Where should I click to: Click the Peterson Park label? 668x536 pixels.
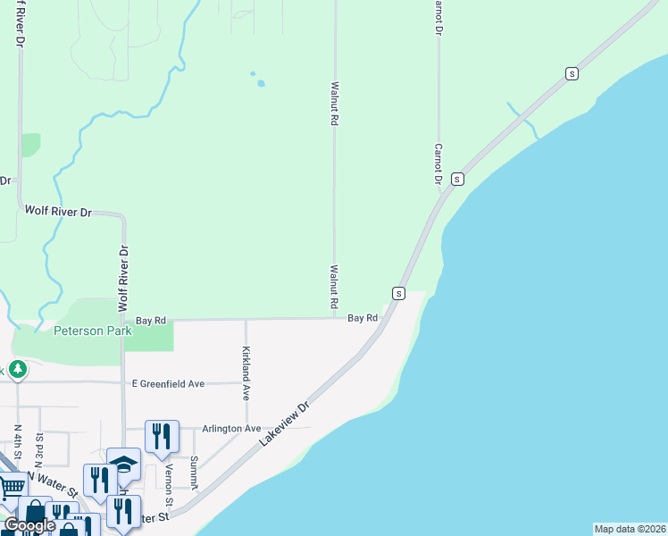(93, 331)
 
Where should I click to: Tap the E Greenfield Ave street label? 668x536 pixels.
(168, 384)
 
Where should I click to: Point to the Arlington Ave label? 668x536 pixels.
(231, 429)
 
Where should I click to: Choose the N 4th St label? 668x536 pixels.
(18, 443)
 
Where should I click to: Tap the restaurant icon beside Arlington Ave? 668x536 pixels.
(162, 436)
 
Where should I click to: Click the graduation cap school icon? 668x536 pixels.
(123, 464)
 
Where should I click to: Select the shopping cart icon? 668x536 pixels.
(11, 487)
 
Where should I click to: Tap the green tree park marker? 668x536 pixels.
(16, 369)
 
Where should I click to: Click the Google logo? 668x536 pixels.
(29, 525)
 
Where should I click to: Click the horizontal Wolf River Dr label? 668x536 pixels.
(58, 213)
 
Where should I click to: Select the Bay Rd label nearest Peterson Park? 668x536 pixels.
(151, 320)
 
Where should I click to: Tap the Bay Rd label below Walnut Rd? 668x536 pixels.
(363, 318)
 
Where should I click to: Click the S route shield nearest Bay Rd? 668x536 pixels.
(398, 293)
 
